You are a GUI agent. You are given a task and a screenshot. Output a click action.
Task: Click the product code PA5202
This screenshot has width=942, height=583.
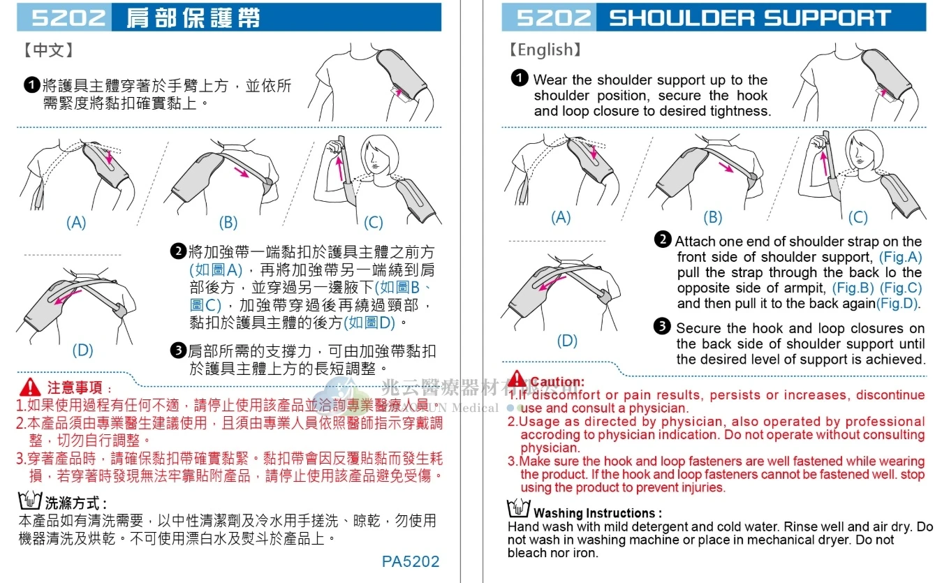point(411,561)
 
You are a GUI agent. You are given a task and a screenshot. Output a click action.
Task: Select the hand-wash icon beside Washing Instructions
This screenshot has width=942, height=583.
point(518,509)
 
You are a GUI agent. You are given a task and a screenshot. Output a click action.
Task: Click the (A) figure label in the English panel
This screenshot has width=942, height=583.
point(561,218)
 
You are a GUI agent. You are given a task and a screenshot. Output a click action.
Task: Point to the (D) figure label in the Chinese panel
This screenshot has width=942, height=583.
point(82,350)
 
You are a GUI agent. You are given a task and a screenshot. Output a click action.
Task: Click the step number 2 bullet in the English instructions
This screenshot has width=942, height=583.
point(663,239)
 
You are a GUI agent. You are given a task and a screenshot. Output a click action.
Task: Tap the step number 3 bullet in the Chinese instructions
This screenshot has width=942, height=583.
point(178,350)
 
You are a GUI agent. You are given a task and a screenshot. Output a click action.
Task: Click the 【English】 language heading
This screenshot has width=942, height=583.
point(545,50)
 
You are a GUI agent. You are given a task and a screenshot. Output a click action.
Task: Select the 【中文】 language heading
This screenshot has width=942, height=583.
point(48,50)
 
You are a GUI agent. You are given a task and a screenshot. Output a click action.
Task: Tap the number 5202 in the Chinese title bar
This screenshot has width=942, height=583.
point(69,17)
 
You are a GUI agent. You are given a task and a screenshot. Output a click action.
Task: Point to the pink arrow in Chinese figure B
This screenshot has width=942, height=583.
point(242,172)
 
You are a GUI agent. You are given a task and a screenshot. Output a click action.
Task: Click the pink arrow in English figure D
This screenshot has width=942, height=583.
point(553,283)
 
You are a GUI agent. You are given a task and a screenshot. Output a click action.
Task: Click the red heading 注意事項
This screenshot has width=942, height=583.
point(75,387)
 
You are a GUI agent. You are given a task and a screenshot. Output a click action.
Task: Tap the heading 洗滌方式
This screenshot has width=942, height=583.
point(73,503)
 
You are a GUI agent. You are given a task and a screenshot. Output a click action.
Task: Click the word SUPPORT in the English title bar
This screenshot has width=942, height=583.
point(827,17)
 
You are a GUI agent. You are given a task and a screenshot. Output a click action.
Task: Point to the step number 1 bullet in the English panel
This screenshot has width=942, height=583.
point(520,78)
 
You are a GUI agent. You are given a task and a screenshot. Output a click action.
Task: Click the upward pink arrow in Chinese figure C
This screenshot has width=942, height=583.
point(339,169)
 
